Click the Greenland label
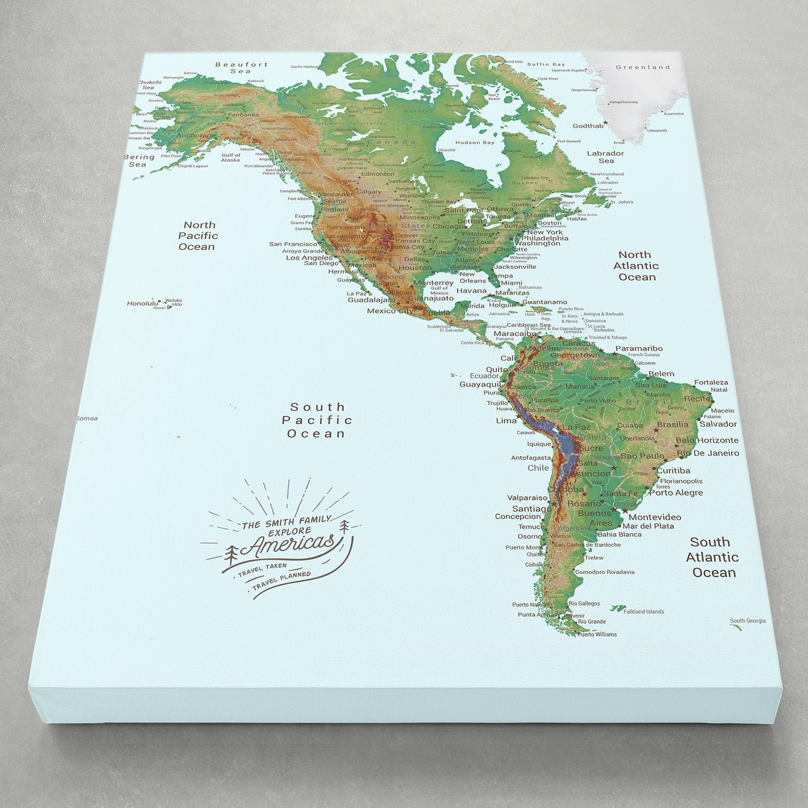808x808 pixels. [x=643, y=67]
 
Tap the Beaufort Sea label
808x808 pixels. [x=241, y=67]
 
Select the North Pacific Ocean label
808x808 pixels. [x=198, y=236]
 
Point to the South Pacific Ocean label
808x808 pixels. [x=317, y=420]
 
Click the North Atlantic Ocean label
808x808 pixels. [x=636, y=266]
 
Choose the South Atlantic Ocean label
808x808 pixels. [x=712, y=557]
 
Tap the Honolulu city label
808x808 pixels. [x=143, y=303]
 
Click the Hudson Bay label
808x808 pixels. [x=475, y=143]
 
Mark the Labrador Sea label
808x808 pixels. [x=605, y=157]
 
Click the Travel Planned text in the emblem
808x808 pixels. [x=281, y=579]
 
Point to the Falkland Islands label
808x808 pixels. [x=644, y=611]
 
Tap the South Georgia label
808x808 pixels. [x=748, y=621]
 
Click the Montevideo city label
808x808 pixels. [x=654, y=517]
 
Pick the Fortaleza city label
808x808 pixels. [x=711, y=382]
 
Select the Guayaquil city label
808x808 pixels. [x=480, y=385]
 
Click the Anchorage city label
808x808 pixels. [x=196, y=136]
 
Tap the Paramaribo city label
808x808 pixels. [x=639, y=349]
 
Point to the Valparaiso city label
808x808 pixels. [x=527, y=498]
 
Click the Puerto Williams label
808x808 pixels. [x=597, y=634]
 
